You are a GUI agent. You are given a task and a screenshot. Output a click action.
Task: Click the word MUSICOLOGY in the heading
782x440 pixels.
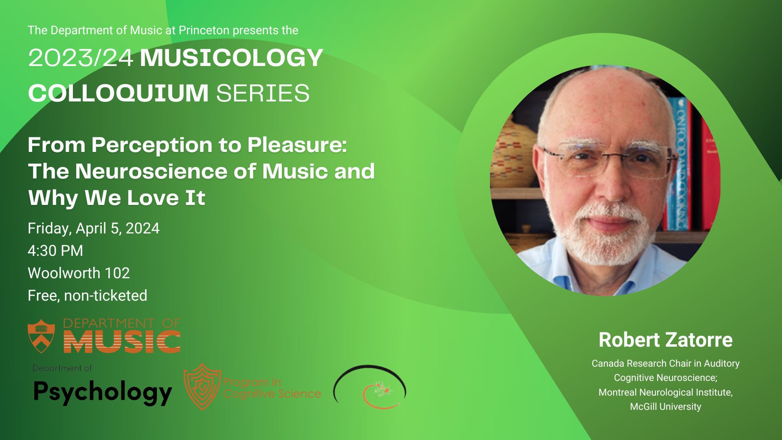[x=231, y=58]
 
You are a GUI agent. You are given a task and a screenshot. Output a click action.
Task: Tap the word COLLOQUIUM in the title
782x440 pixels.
[x=118, y=93]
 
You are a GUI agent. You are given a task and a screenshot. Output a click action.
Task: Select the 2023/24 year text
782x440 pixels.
[x=81, y=58]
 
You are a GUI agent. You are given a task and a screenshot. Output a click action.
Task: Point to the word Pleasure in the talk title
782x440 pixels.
[x=297, y=145]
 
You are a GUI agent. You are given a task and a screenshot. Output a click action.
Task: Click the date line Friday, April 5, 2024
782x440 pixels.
[x=94, y=229]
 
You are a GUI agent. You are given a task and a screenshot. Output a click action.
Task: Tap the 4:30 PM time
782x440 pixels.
[x=55, y=251]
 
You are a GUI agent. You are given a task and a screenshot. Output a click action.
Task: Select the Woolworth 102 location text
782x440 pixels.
[x=79, y=273]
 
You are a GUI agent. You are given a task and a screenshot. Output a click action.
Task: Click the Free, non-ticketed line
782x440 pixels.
[x=88, y=295]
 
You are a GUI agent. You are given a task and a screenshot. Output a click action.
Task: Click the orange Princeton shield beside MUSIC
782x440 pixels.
[x=41, y=336]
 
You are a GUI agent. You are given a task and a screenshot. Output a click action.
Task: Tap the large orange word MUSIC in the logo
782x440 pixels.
[x=122, y=341]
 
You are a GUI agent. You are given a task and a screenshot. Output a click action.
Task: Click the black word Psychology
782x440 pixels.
[x=103, y=392]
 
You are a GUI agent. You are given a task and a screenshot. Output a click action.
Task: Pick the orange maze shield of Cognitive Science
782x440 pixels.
[x=202, y=386]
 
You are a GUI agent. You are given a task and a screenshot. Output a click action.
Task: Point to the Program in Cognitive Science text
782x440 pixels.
[x=272, y=388]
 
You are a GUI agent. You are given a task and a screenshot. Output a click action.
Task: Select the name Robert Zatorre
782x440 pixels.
[x=666, y=340]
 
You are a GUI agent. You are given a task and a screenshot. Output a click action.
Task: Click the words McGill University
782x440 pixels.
[x=666, y=407]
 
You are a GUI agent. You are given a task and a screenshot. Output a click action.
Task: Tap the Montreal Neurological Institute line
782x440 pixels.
[x=666, y=392]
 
